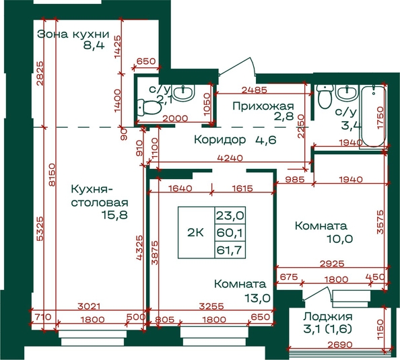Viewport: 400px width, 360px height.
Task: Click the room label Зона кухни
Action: pyautogui.click(x=73, y=34)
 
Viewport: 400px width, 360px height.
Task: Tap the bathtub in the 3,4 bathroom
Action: pyautogui.click(x=373, y=116)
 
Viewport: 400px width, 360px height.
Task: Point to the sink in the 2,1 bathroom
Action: pyautogui.click(x=183, y=93)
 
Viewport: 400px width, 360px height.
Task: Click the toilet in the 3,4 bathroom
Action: pyautogui.click(x=325, y=96)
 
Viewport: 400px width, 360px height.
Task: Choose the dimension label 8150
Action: pyautogui.click(x=52, y=175)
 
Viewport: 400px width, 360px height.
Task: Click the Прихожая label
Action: pyautogui.click(x=263, y=106)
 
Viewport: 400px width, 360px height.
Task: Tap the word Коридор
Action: pyautogui.click(x=220, y=140)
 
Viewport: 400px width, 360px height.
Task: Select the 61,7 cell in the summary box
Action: pyautogui.click(x=229, y=250)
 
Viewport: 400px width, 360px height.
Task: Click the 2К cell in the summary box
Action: pyautogui.click(x=196, y=233)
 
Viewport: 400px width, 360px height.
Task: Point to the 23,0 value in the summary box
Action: pyautogui.click(x=230, y=216)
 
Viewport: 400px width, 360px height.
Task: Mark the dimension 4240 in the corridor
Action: pyautogui.click(x=230, y=158)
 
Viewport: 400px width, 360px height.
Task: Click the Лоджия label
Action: pyautogui.click(x=328, y=317)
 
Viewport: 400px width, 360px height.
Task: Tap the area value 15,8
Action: pyautogui.click(x=114, y=215)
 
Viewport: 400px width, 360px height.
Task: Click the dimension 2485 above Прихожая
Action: pyautogui.click(x=255, y=89)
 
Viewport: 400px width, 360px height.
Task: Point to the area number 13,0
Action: pyautogui.click(x=257, y=297)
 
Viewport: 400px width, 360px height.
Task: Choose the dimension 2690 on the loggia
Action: pyautogui.click(x=340, y=345)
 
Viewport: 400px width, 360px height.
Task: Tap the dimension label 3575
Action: pyautogui.click(x=380, y=222)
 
